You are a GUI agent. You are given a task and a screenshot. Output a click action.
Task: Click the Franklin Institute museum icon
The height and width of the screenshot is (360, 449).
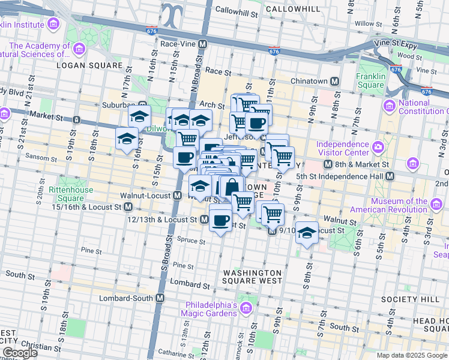(53, 24)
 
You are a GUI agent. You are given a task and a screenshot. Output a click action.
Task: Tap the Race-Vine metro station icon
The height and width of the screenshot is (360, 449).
(203, 44)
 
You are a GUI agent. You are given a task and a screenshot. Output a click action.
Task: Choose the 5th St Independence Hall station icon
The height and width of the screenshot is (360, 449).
(390, 176)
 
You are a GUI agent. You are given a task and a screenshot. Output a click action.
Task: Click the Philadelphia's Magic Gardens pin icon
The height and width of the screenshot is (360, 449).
(245, 308)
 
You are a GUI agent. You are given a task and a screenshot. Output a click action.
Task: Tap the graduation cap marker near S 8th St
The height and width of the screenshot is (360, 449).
(307, 233)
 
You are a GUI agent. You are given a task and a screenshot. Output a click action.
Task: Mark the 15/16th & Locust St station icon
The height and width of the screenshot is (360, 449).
(128, 207)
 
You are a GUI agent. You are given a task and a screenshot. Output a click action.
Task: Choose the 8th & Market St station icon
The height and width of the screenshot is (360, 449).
(328, 164)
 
